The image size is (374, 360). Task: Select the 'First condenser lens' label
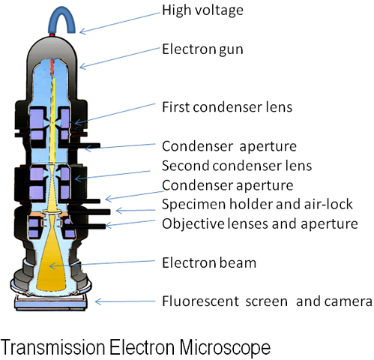pos(226,106)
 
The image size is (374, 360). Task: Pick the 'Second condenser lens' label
pos(236,164)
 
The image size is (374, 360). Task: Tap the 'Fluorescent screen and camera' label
pos(267,301)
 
